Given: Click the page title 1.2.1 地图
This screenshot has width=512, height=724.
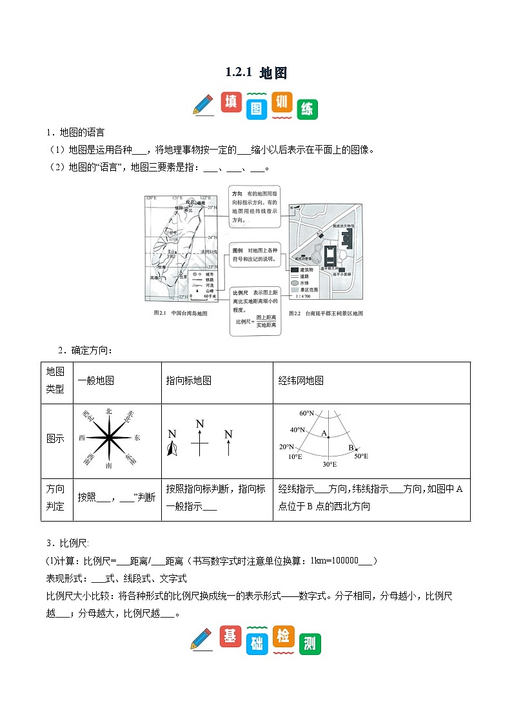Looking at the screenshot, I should pos(256,73).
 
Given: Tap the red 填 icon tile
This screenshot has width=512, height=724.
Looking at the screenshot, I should pos(231,103).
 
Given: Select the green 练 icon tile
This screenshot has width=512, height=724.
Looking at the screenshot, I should pos(308,109).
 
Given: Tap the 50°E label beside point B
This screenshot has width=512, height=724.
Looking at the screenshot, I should pos(360,456).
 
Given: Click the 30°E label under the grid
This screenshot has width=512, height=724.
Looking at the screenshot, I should pos(329,464).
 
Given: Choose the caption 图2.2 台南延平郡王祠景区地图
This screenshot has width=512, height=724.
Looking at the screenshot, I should pos(326,313).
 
